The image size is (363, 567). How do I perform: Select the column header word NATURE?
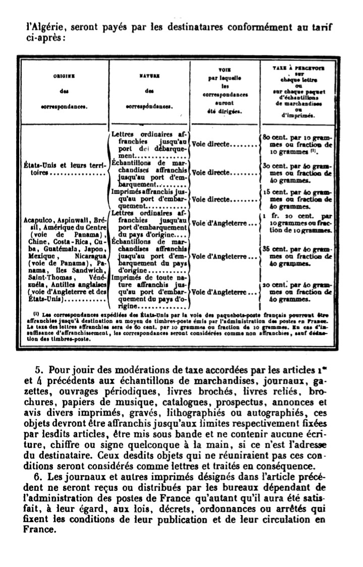pos(149,76)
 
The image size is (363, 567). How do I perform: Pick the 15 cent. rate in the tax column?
pos(275,192)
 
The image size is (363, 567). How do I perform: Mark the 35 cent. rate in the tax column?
pos(275,249)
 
